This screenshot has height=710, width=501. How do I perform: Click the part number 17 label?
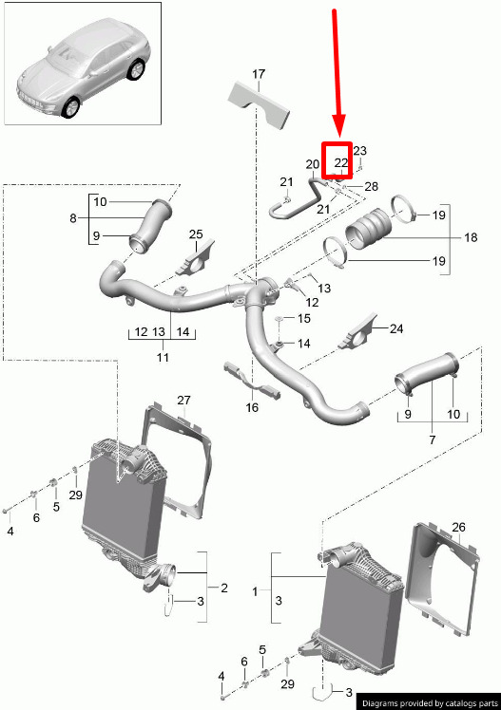click(259, 74)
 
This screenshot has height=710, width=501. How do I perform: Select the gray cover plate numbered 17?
click(259, 104)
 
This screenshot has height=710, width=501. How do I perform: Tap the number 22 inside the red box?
click(341, 162)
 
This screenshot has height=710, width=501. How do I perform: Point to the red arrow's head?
click(338, 128)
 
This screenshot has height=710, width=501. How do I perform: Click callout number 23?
click(360, 151)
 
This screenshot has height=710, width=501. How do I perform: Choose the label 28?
click(372, 187)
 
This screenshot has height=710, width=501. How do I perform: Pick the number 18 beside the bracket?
click(472, 237)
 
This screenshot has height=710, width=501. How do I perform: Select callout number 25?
click(196, 234)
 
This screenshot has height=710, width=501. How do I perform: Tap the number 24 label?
click(396, 328)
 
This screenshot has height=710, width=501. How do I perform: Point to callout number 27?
click(184, 401)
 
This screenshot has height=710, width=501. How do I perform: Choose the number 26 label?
click(459, 527)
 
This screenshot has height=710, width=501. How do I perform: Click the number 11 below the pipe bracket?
click(163, 357)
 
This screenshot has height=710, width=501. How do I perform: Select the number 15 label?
click(304, 319)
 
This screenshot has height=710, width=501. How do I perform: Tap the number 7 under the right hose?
click(433, 439)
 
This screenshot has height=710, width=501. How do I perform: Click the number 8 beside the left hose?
click(73, 218)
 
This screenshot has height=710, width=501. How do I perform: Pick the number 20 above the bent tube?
click(313, 164)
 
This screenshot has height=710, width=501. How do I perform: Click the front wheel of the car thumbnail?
click(71, 108)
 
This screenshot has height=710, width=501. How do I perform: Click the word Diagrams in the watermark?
click(380, 703)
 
